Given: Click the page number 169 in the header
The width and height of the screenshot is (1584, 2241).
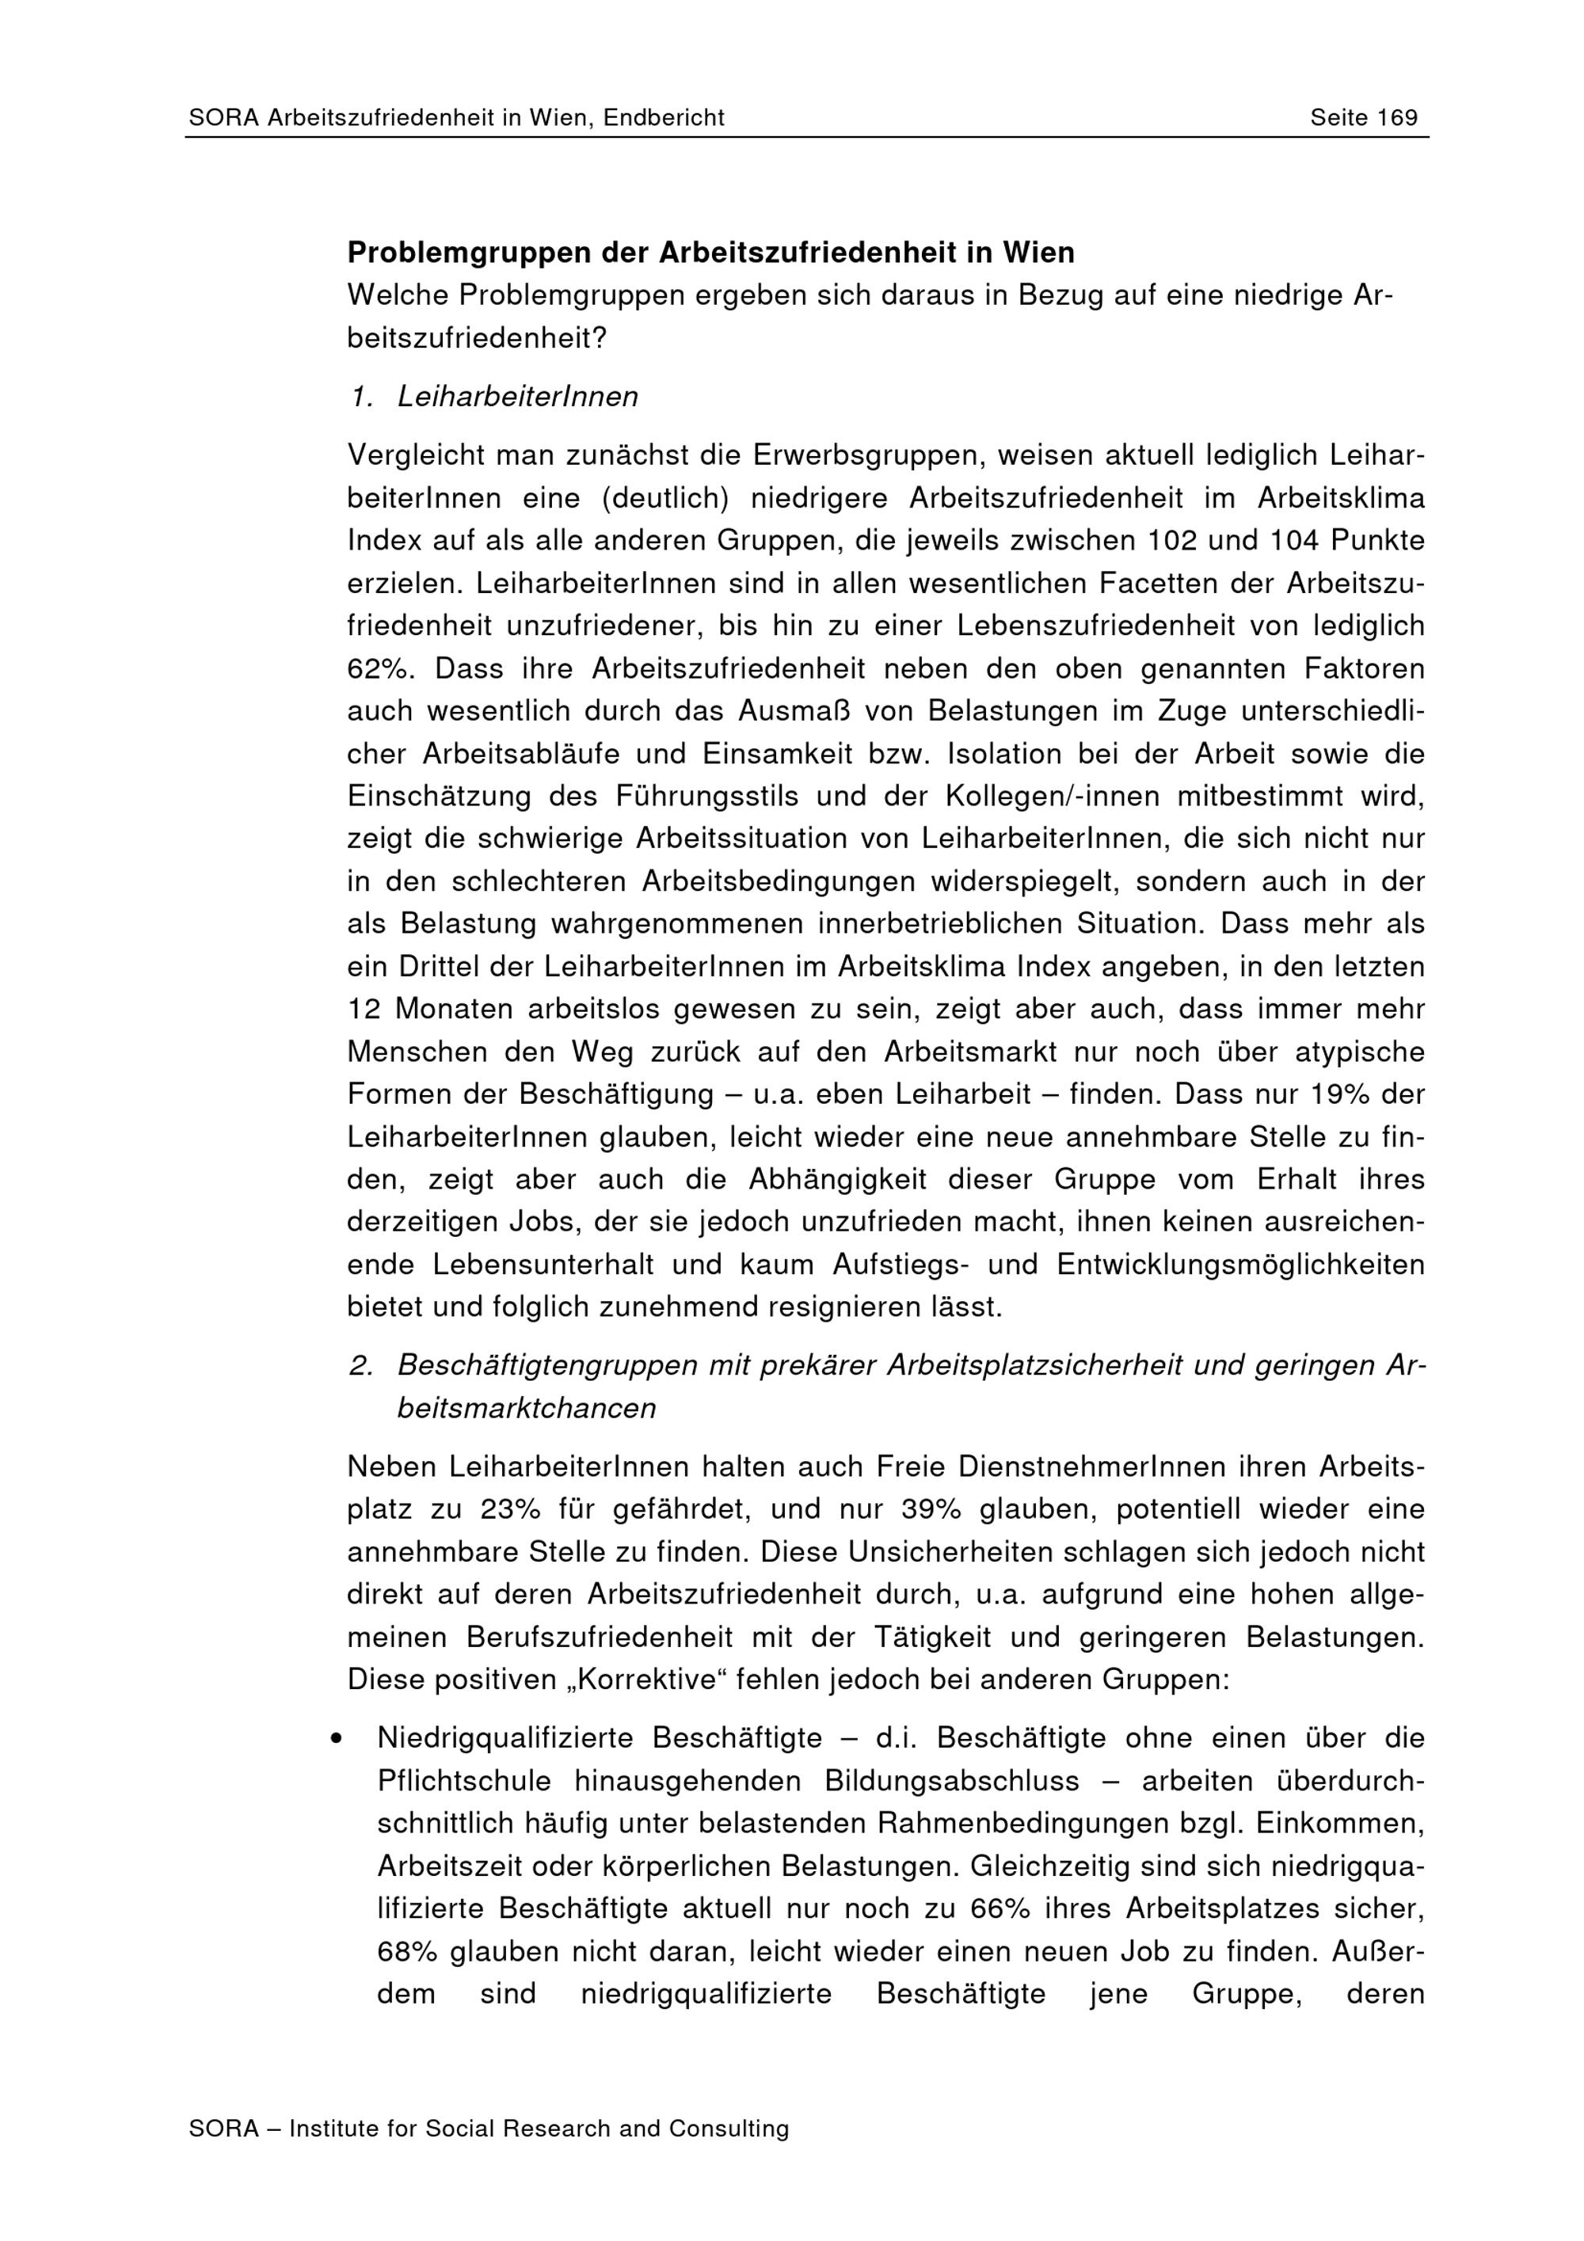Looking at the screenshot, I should pos(1396,118).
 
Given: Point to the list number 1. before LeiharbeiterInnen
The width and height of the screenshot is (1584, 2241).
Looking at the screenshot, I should pos(361,398).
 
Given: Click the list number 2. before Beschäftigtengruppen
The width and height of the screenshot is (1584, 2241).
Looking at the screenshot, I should pos(361,1365).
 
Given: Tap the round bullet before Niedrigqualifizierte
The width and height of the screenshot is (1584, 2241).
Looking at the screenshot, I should pos(336,1738).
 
